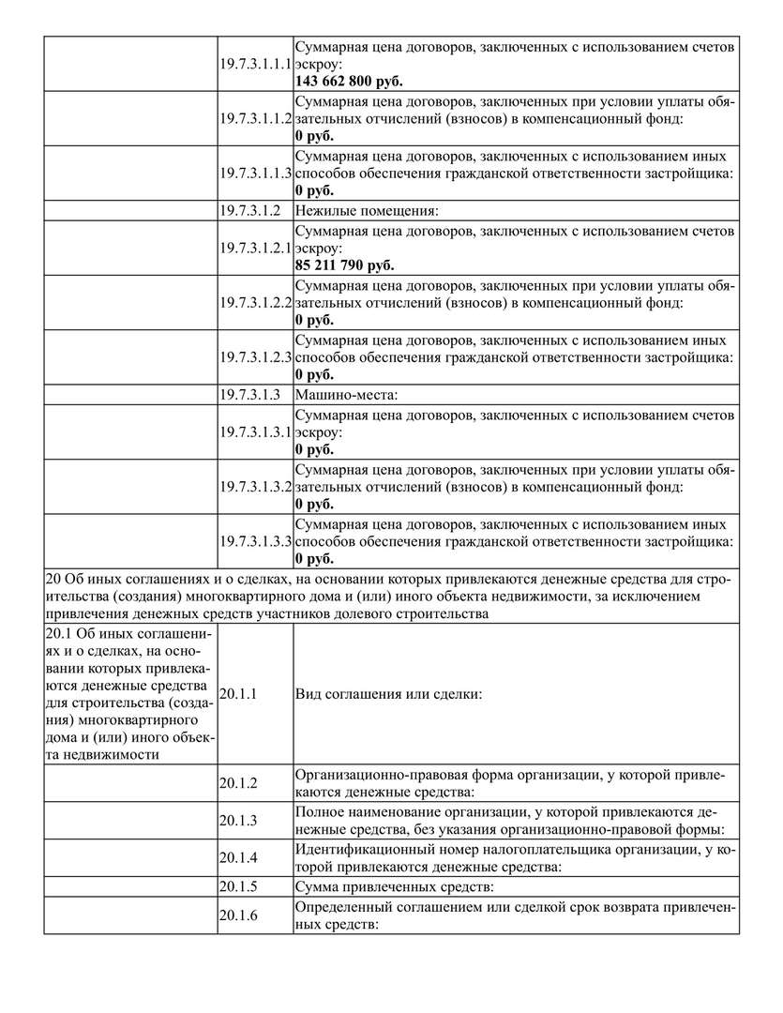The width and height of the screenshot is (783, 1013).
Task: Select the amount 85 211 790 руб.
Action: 344,265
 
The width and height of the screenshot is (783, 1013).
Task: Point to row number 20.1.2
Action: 238,782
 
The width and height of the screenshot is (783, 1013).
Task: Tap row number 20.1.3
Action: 238,820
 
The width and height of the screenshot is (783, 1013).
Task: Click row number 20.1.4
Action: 238,857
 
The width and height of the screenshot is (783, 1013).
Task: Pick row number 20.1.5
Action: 238,886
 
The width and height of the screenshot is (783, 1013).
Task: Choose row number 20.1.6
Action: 238,915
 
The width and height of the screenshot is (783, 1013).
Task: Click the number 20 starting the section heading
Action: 53,580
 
